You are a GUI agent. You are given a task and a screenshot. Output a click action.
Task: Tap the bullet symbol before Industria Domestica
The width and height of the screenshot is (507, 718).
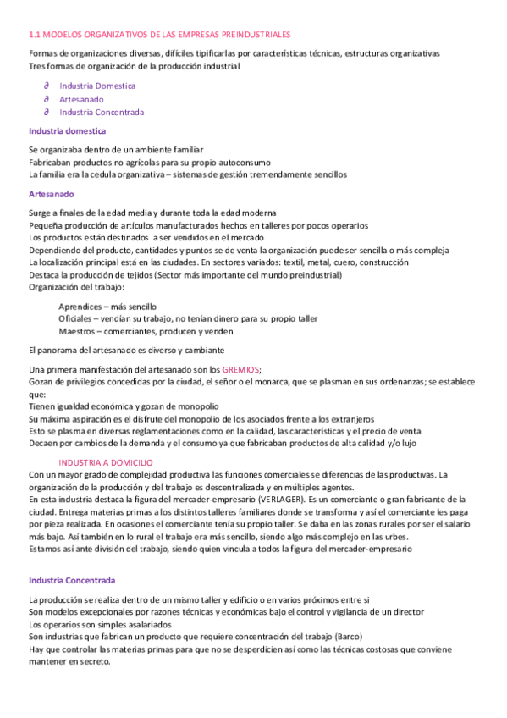click(x=47, y=86)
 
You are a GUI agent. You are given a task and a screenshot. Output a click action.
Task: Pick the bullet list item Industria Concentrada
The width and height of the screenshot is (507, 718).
click(x=102, y=112)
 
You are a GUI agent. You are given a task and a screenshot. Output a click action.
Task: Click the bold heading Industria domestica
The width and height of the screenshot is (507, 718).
click(x=67, y=131)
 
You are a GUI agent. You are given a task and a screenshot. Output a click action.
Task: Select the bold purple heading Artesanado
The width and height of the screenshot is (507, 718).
click(x=52, y=194)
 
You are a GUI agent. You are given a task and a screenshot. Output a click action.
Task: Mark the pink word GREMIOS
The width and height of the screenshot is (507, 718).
click(x=241, y=370)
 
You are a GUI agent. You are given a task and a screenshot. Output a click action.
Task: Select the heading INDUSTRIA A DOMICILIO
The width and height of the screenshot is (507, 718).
click(x=106, y=462)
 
